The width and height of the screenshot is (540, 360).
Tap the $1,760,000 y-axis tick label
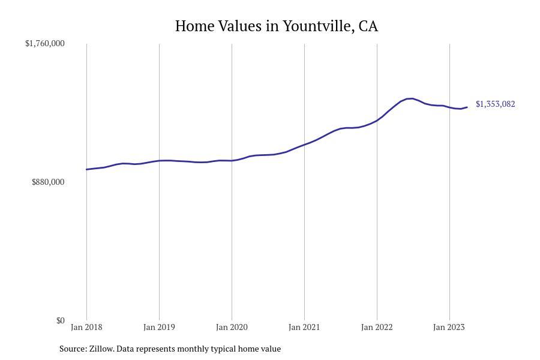pos(45,43)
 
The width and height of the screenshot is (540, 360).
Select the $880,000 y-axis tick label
pos(48,182)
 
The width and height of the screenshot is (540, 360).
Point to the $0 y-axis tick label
pos(60,320)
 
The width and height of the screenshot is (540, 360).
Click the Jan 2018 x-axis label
pos(86,327)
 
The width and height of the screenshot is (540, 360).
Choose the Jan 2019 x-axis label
pos(159,327)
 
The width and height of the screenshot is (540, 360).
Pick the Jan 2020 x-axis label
pos(232,327)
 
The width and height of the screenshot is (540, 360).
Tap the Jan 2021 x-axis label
pos(304,327)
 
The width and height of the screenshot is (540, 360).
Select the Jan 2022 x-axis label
pos(377,327)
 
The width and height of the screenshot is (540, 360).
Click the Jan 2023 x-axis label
pos(449,327)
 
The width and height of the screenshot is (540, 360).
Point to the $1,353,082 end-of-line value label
pos(495,104)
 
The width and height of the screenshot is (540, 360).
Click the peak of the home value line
pos(411,98)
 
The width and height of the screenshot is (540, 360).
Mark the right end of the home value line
pos(467,107)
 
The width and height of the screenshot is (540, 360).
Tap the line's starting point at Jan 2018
pos(86,169)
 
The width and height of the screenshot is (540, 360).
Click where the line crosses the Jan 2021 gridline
pos(304,145)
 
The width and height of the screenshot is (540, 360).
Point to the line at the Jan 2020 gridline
pos(232,161)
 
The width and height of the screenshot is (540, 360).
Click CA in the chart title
pos(368,26)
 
